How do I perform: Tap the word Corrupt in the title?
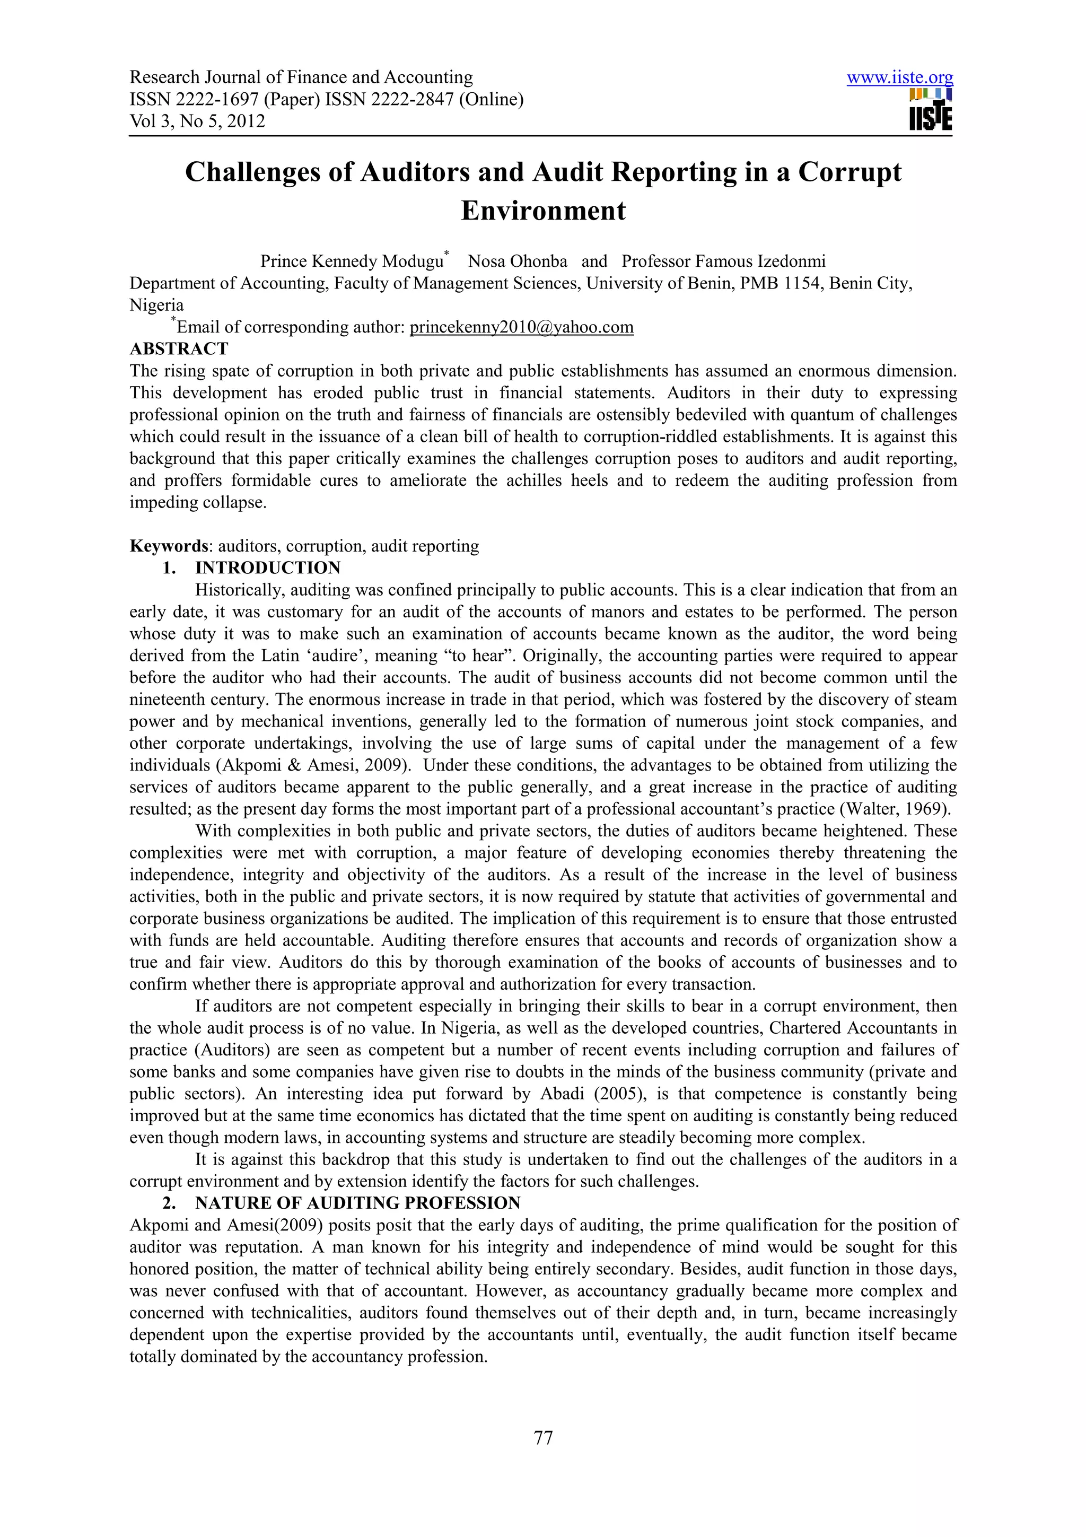pyautogui.click(x=849, y=172)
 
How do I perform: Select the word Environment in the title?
pyautogui.click(x=542, y=211)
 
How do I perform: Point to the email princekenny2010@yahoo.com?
pyautogui.click(x=521, y=327)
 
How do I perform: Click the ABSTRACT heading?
pyautogui.click(x=179, y=349)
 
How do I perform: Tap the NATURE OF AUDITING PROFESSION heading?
pyautogui.click(x=357, y=1203)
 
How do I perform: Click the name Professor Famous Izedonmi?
pyautogui.click(x=723, y=261)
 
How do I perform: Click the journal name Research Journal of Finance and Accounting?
pyautogui.click(x=301, y=77)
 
